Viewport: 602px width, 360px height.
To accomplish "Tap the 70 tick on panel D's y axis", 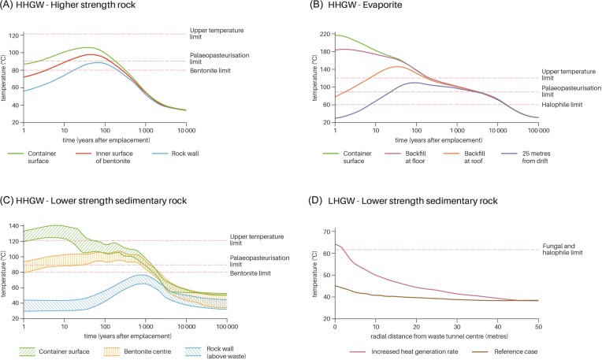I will point(327,231).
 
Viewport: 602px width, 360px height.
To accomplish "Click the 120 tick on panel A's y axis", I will point(16,36).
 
